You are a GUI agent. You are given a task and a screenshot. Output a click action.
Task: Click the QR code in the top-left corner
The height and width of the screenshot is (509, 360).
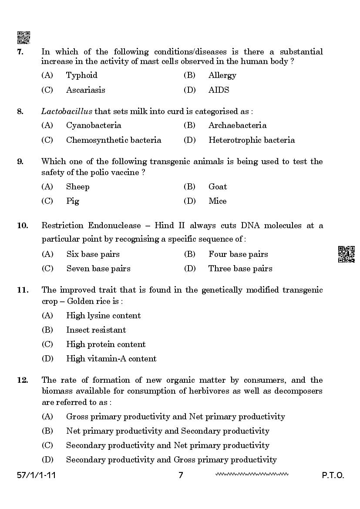(24, 37)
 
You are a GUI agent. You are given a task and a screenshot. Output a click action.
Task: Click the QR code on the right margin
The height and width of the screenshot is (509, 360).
(346, 254)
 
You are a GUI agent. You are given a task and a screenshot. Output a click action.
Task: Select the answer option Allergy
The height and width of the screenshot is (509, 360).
(222, 75)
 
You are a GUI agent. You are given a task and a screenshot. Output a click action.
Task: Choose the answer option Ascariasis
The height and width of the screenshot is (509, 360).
(85, 90)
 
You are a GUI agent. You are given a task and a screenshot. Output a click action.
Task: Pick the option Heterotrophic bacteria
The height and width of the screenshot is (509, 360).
(251, 140)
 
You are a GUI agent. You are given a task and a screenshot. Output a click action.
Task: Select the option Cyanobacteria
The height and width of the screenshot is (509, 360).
(94, 125)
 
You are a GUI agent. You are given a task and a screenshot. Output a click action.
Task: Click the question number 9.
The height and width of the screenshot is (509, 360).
(20, 162)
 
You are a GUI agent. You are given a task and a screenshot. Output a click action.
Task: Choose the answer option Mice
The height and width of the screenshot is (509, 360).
(217, 201)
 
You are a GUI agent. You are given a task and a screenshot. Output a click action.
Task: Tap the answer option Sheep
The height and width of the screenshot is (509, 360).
(77, 187)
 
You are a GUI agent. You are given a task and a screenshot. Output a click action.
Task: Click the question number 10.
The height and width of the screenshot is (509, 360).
(22, 226)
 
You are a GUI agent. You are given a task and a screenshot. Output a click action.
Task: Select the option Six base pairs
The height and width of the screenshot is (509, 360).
(93, 254)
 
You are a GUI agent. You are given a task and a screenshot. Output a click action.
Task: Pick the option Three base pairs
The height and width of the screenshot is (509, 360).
(240, 269)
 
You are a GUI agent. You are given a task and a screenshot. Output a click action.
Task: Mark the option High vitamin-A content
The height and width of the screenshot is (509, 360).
(111, 359)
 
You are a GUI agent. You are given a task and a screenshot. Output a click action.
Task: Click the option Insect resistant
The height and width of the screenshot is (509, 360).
(96, 330)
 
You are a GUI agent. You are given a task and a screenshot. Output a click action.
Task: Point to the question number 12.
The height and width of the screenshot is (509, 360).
(22, 380)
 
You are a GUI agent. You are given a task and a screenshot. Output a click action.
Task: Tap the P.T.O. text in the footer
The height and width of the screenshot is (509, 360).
(333, 475)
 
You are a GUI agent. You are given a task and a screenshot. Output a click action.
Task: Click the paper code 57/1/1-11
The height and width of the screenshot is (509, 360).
(34, 475)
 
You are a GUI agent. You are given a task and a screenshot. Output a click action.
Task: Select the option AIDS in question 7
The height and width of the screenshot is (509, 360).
(219, 90)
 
